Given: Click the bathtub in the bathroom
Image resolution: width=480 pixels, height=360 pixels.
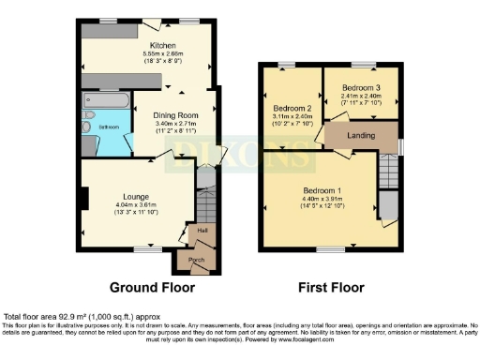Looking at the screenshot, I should click(107, 101).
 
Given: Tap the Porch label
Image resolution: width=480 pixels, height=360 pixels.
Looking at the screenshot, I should click(197, 260).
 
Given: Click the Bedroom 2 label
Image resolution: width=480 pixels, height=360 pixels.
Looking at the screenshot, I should click(290, 105).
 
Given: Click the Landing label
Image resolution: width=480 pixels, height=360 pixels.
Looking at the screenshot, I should click(361, 136).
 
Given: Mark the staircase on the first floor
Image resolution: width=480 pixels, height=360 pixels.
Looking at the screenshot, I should click(387, 170).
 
